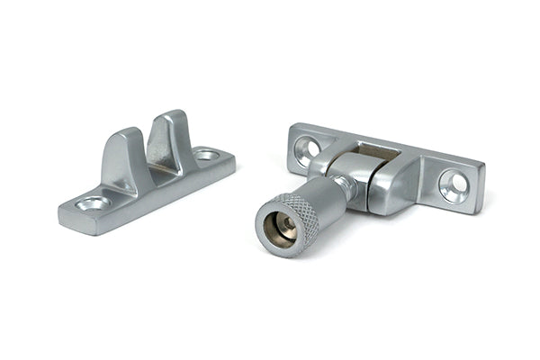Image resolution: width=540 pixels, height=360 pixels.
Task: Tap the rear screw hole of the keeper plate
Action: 206,156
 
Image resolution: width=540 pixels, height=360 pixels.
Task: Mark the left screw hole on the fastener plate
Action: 310,144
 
